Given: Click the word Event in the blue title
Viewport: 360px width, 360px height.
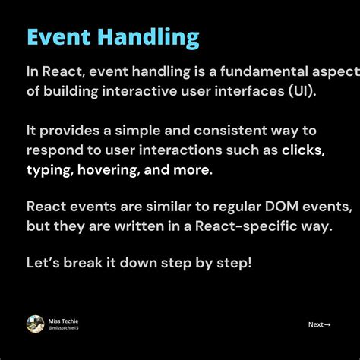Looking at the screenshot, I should pyautogui.click(x=58, y=37).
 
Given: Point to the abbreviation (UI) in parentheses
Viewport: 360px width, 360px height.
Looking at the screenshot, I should pyautogui.click(x=301, y=90).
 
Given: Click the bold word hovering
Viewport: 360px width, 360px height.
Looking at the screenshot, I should pyautogui.click(x=111, y=169).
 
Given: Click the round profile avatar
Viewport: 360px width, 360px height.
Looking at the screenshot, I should pyautogui.click(x=35, y=324).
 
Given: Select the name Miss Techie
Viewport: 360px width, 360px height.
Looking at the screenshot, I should pyautogui.click(x=63, y=320).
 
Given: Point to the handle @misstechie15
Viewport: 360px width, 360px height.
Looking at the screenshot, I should pyautogui.click(x=64, y=327).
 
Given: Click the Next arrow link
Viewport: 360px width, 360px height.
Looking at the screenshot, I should pyautogui.click(x=319, y=324).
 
